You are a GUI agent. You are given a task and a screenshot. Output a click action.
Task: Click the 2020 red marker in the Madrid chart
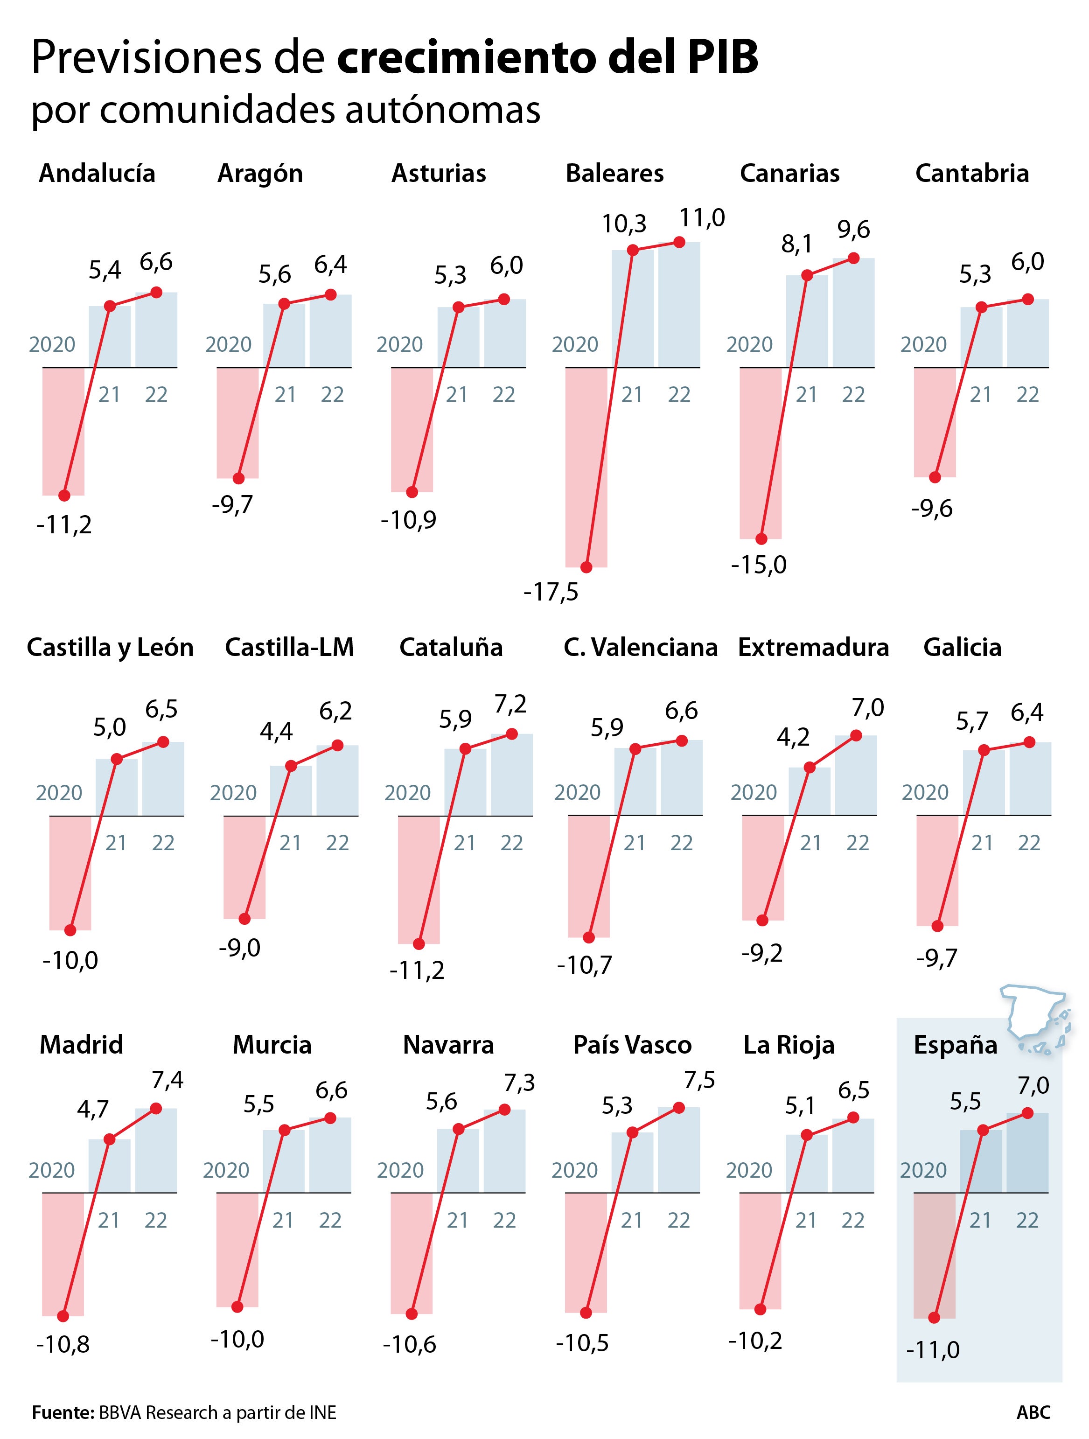coord(63,1315)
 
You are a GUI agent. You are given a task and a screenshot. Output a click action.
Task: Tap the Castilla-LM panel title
coord(289,647)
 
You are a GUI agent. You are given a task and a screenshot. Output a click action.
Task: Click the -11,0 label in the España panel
coord(932,1350)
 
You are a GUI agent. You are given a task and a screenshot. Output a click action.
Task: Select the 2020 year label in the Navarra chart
coord(400,1170)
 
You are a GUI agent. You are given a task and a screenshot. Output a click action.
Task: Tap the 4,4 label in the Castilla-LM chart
coord(277,732)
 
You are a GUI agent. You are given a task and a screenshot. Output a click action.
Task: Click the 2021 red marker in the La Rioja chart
coord(807,1135)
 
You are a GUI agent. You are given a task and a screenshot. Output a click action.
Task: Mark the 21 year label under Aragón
coord(285,395)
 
